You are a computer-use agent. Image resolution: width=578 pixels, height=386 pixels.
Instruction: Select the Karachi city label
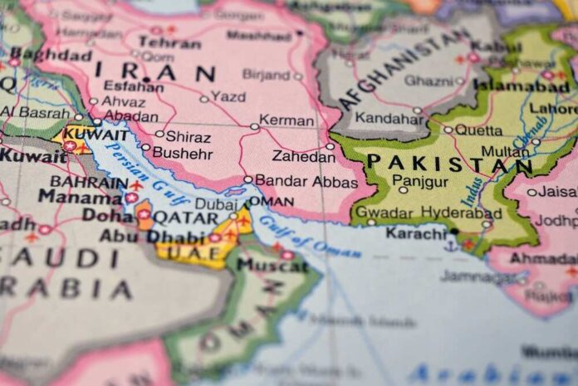point(416,233)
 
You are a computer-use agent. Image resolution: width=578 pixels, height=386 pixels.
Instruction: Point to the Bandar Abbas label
point(306,181)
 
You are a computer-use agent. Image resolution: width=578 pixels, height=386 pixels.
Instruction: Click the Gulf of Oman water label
point(299,235)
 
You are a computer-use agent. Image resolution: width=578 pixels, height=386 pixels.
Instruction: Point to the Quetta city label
point(479,129)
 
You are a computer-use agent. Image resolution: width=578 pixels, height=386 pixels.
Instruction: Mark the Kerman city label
point(287,120)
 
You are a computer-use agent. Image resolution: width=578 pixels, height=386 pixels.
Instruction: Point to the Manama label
point(80,197)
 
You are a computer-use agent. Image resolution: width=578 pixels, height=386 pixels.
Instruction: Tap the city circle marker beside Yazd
point(204,99)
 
